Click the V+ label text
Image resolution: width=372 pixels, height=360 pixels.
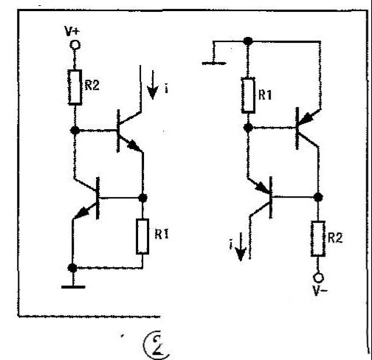click(x=72, y=31)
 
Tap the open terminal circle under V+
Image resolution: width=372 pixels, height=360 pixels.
click(x=75, y=45)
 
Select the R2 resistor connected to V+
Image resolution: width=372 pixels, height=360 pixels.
click(x=75, y=87)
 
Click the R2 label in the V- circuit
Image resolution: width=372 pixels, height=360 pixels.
click(x=335, y=238)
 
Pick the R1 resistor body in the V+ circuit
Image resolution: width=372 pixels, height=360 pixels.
click(x=142, y=236)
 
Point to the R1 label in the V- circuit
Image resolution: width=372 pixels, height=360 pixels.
click(x=265, y=94)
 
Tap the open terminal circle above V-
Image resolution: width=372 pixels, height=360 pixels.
click(x=318, y=278)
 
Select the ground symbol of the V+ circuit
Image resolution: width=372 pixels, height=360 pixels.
click(x=73, y=287)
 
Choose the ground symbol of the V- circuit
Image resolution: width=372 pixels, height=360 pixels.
click(x=213, y=63)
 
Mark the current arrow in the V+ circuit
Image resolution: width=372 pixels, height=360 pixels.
click(x=153, y=85)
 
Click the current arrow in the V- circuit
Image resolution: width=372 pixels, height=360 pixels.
click(x=241, y=246)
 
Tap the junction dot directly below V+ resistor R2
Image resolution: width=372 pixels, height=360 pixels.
click(x=75, y=130)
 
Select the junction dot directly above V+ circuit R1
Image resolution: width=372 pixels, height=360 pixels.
click(x=142, y=198)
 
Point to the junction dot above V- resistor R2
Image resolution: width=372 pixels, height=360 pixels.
click(x=318, y=197)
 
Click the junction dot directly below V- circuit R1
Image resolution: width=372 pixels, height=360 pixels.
click(x=248, y=128)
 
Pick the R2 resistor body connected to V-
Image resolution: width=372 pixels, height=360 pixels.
click(x=318, y=239)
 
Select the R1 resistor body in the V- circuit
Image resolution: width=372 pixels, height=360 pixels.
click(x=248, y=95)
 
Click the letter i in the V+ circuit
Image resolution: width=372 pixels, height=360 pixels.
click(x=167, y=89)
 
